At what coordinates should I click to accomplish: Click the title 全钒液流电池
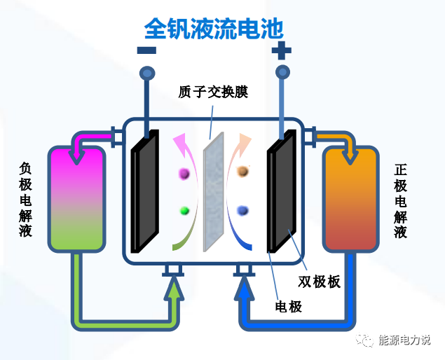[214, 28]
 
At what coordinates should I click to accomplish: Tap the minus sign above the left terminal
[146, 50]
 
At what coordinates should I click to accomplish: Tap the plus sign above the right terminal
[281, 50]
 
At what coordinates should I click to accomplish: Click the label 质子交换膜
[214, 92]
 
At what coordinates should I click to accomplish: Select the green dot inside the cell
[185, 210]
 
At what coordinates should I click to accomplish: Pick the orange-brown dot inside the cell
[243, 170]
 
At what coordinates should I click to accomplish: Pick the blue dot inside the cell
[243, 209]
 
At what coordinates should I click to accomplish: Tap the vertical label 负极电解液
[26, 200]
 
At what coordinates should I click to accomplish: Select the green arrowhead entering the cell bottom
[173, 286]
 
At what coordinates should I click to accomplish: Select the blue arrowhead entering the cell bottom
[244, 286]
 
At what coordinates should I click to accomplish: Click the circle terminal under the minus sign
[146, 72]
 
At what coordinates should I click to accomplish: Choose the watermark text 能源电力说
[404, 340]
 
